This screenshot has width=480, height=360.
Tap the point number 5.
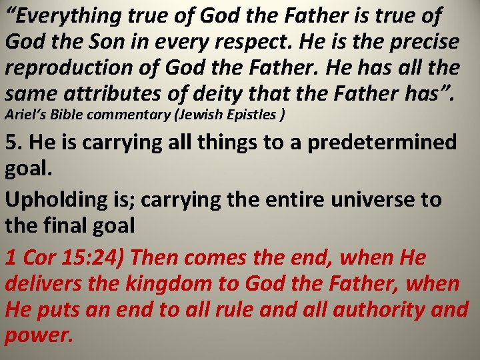pyautogui.click(x=13, y=143)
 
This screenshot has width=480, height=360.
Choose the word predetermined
pyautogui.click(x=383, y=143)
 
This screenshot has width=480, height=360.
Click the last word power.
pyautogui.click(x=37, y=335)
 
